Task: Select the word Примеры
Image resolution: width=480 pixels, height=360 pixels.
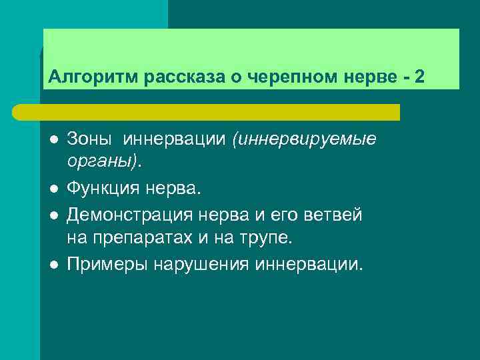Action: tap(108, 265)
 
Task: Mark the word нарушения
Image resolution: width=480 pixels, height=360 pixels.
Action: tap(202, 265)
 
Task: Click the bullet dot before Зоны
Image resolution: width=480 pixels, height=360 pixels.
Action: tap(53, 140)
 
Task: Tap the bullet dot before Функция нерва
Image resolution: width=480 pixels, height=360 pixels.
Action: tap(53, 191)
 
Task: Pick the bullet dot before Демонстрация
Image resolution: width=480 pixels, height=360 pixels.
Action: tap(53, 215)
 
